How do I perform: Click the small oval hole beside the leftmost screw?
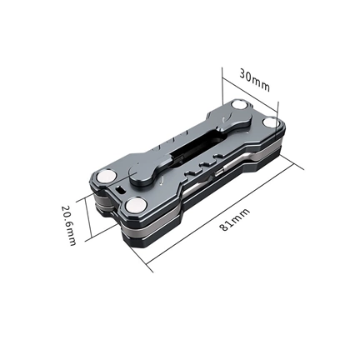pyautogui.click(x=122, y=191)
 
